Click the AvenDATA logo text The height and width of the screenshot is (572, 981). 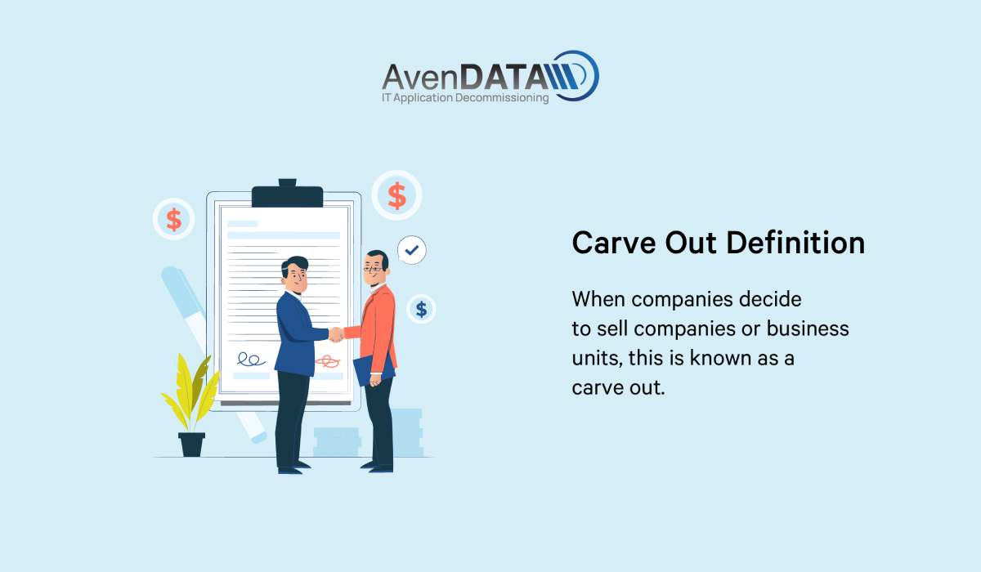coord(465,77)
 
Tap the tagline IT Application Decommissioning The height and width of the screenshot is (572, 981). coord(465,97)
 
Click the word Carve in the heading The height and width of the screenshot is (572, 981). coord(614,243)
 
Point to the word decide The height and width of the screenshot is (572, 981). coord(770,299)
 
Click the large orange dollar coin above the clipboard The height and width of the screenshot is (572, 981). coord(396,195)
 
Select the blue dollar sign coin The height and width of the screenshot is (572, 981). coord(421,310)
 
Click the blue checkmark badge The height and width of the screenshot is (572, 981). coord(412,250)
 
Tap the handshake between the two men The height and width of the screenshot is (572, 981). coord(336,334)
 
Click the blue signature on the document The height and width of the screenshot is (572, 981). coord(251,360)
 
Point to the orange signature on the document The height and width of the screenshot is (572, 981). coord(328,361)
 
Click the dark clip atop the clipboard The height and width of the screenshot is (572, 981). coord(287,194)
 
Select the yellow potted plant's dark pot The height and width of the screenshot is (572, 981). coord(191,445)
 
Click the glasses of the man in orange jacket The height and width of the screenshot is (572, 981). coord(373,269)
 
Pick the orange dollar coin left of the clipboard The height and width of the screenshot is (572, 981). coord(174,219)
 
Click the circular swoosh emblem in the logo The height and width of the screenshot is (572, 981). coord(575,76)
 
